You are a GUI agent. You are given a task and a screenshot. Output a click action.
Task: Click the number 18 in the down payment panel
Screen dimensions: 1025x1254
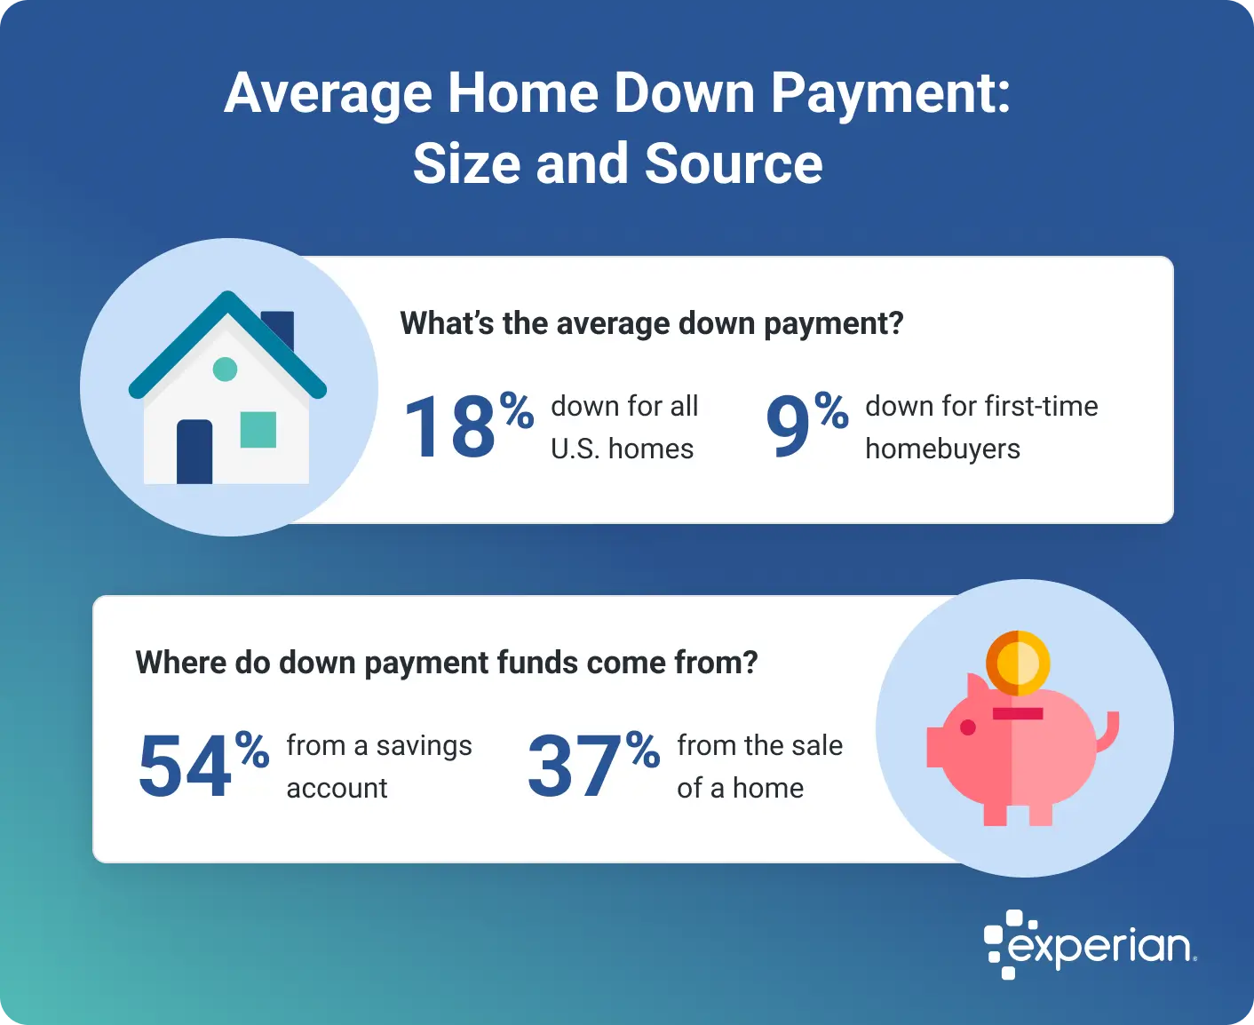click(449, 428)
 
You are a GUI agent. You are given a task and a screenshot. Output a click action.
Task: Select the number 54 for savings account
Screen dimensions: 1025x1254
click(185, 767)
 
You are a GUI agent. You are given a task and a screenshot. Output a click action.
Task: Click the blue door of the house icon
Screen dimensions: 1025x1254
click(194, 452)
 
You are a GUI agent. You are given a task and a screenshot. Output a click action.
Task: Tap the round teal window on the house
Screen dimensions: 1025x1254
click(226, 369)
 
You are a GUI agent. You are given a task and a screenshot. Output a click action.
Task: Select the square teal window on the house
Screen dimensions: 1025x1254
click(258, 429)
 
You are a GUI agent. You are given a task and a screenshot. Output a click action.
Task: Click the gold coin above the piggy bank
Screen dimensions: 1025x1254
click(1018, 663)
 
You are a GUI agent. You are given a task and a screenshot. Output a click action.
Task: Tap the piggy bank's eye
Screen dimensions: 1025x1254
click(968, 727)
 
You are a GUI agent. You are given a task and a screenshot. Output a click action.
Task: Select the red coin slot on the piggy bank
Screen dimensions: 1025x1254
click(1018, 713)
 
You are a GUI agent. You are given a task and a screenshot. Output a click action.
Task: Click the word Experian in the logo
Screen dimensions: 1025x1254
click(1101, 947)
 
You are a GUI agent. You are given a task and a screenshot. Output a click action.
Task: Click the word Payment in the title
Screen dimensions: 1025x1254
click(890, 93)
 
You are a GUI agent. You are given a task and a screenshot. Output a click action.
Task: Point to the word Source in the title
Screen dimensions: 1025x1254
click(734, 164)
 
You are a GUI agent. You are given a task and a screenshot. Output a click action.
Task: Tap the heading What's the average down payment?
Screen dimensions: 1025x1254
click(651, 323)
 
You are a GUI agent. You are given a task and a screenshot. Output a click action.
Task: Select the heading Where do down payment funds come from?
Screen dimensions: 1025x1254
click(447, 663)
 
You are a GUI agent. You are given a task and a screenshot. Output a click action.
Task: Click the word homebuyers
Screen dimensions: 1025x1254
click(942, 449)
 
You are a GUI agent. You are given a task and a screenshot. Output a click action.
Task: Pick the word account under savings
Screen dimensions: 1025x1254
click(337, 789)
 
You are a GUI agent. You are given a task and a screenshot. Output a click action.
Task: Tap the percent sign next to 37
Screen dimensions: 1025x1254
click(642, 751)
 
